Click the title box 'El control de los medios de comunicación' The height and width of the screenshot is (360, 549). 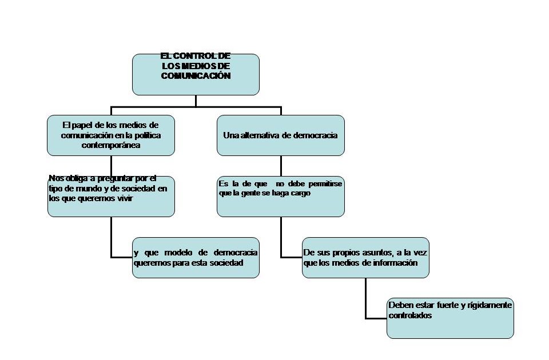coord(196,74)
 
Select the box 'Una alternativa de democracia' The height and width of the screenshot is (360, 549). coord(280,135)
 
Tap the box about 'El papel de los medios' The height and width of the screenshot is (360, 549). coord(110,135)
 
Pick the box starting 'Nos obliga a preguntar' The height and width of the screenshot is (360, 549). coord(110,197)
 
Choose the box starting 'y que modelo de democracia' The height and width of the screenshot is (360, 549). coord(196,258)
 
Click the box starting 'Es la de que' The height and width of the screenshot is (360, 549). coord(280,197)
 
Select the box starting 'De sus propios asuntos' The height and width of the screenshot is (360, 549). coord(365,258)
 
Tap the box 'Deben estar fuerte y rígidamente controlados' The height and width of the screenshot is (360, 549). coord(450,318)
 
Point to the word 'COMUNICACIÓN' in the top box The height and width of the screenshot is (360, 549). coord(196,75)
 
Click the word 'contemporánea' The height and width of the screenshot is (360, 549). coord(111,146)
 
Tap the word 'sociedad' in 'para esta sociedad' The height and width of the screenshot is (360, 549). coord(229,263)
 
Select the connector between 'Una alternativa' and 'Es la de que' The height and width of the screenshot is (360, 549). coord(281,166)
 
